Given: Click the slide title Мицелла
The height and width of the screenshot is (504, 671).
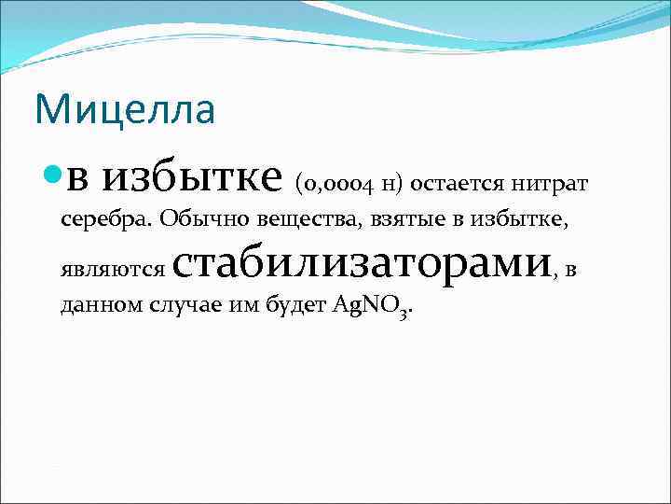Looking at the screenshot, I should coord(125,110).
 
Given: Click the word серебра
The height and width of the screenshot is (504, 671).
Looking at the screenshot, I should coord(105,220).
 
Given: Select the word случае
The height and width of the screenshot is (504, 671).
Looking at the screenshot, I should coord(180,307).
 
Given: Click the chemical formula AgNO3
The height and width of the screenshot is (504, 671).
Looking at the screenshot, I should coord(371,307).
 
